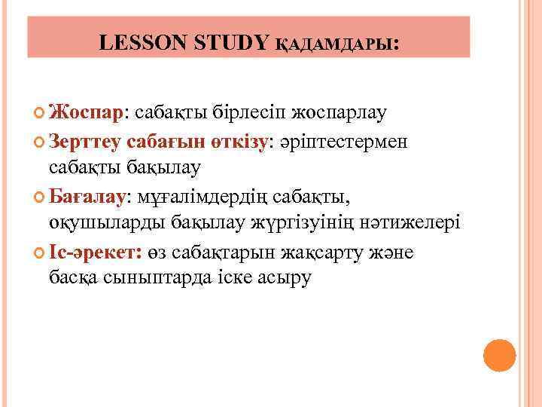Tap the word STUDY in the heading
click(x=231, y=43)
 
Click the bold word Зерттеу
click(x=85, y=141)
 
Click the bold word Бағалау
click(x=90, y=197)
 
